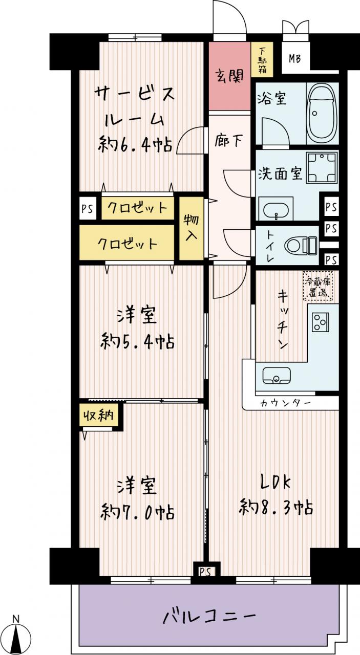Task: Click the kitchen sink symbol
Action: coord(277,375)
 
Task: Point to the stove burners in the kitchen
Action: coord(321,322)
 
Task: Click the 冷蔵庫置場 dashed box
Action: coord(318,286)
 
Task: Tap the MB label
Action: coord(295,59)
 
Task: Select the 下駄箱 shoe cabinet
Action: coord(262,60)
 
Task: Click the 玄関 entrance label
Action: coord(230,76)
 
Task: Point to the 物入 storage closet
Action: coord(192,228)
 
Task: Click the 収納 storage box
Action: coord(98,415)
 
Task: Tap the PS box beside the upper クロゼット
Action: coord(88,209)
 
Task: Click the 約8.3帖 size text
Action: coord(277,507)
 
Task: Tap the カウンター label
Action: coord(285,403)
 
